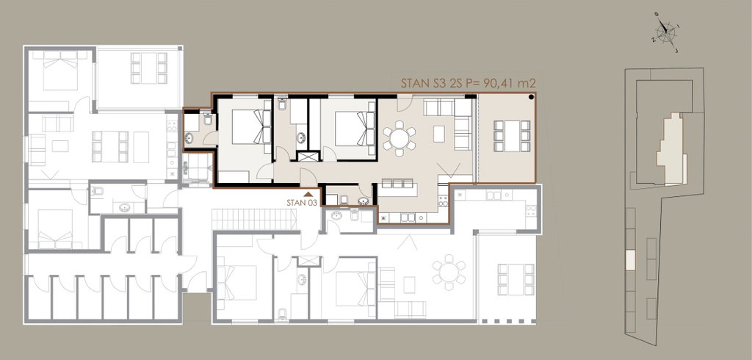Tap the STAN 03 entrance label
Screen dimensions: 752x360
click(x=302, y=203)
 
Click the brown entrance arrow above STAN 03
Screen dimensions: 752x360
click(x=308, y=194)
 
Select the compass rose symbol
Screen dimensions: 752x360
click(x=665, y=32)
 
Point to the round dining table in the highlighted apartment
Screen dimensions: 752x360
click(x=399, y=139)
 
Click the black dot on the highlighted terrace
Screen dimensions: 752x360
click(x=532, y=98)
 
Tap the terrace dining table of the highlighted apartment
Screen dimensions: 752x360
click(x=512, y=137)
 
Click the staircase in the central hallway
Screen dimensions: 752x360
click(x=253, y=220)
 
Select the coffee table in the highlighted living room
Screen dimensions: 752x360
click(x=439, y=134)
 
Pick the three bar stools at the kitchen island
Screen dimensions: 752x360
click(x=397, y=183)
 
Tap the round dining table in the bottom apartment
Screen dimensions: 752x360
click(x=449, y=273)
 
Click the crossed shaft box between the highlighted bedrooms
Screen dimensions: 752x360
click(x=308, y=156)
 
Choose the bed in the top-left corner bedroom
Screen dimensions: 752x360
click(x=60, y=71)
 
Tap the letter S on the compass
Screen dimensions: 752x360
click(x=657, y=15)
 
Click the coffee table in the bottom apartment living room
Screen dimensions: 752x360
click(x=409, y=284)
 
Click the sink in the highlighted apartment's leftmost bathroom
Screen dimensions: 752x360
click(x=189, y=138)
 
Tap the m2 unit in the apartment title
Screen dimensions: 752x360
click(x=529, y=83)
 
